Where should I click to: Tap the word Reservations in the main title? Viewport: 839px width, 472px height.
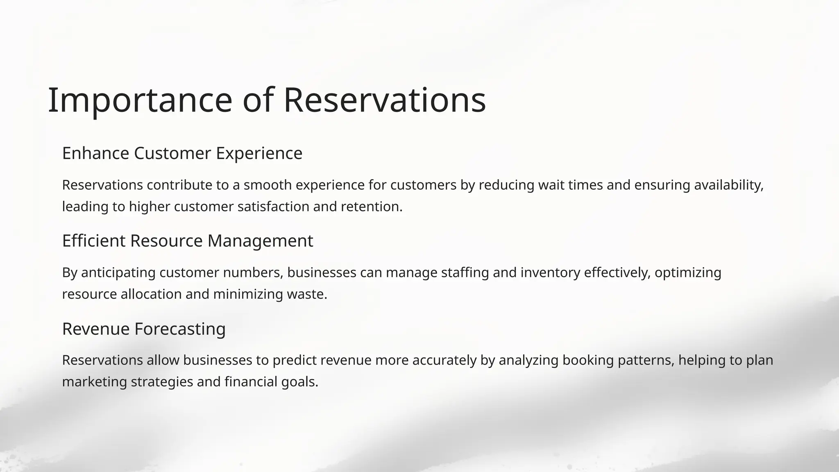pyautogui.click(x=384, y=100)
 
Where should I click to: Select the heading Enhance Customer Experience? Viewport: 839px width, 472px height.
pyautogui.click(x=182, y=153)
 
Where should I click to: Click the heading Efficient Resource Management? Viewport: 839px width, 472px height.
pyautogui.click(x=187, y=241)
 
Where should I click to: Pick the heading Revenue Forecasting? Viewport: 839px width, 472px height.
pyautogui.click(x=144, y=329)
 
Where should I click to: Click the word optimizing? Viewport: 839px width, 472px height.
pyautogui.click(x=688, y=272)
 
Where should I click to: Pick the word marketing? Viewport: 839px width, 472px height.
pyautogui.click(x=95, y=382)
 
